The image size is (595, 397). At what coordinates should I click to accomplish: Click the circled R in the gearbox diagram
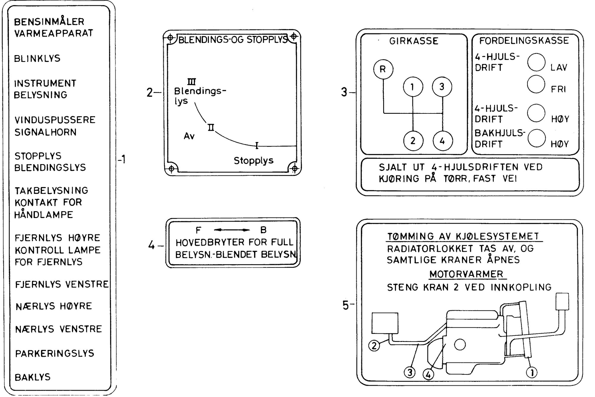coord(383,69)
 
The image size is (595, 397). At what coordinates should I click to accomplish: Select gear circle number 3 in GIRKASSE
coord(442,87)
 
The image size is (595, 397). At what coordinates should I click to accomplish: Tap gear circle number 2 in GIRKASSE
coord(413,141)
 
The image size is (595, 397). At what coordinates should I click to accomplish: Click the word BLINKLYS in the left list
coord(37,58)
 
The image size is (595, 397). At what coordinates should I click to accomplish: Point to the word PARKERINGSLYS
coord(55,354)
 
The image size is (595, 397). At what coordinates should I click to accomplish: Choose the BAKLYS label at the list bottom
coord(33,377)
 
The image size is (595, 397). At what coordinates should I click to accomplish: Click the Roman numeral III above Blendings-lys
coord(192,81)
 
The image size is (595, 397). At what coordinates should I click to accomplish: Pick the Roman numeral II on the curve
coord(211,128)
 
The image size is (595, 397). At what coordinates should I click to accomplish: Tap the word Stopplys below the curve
coord(253,161)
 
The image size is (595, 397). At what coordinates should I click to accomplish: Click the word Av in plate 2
coord(189,136)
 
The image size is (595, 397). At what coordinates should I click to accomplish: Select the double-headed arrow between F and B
coord(232,230)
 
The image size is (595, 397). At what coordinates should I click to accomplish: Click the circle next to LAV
coord(536,62)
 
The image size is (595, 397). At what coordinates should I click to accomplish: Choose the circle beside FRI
coord(536,84)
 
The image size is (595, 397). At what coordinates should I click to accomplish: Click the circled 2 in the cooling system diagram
coord(374,345)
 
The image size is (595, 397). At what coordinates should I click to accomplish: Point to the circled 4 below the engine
coord(428,374)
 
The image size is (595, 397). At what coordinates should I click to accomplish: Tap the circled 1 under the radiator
coord(532,372)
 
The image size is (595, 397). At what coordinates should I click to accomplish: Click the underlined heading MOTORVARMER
coord(466,274)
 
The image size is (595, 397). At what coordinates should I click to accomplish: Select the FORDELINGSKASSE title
coord(524,41)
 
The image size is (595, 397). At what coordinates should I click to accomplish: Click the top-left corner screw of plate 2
coord(170,38)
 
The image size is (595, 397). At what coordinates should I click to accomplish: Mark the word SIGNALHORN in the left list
coord(46,132)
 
